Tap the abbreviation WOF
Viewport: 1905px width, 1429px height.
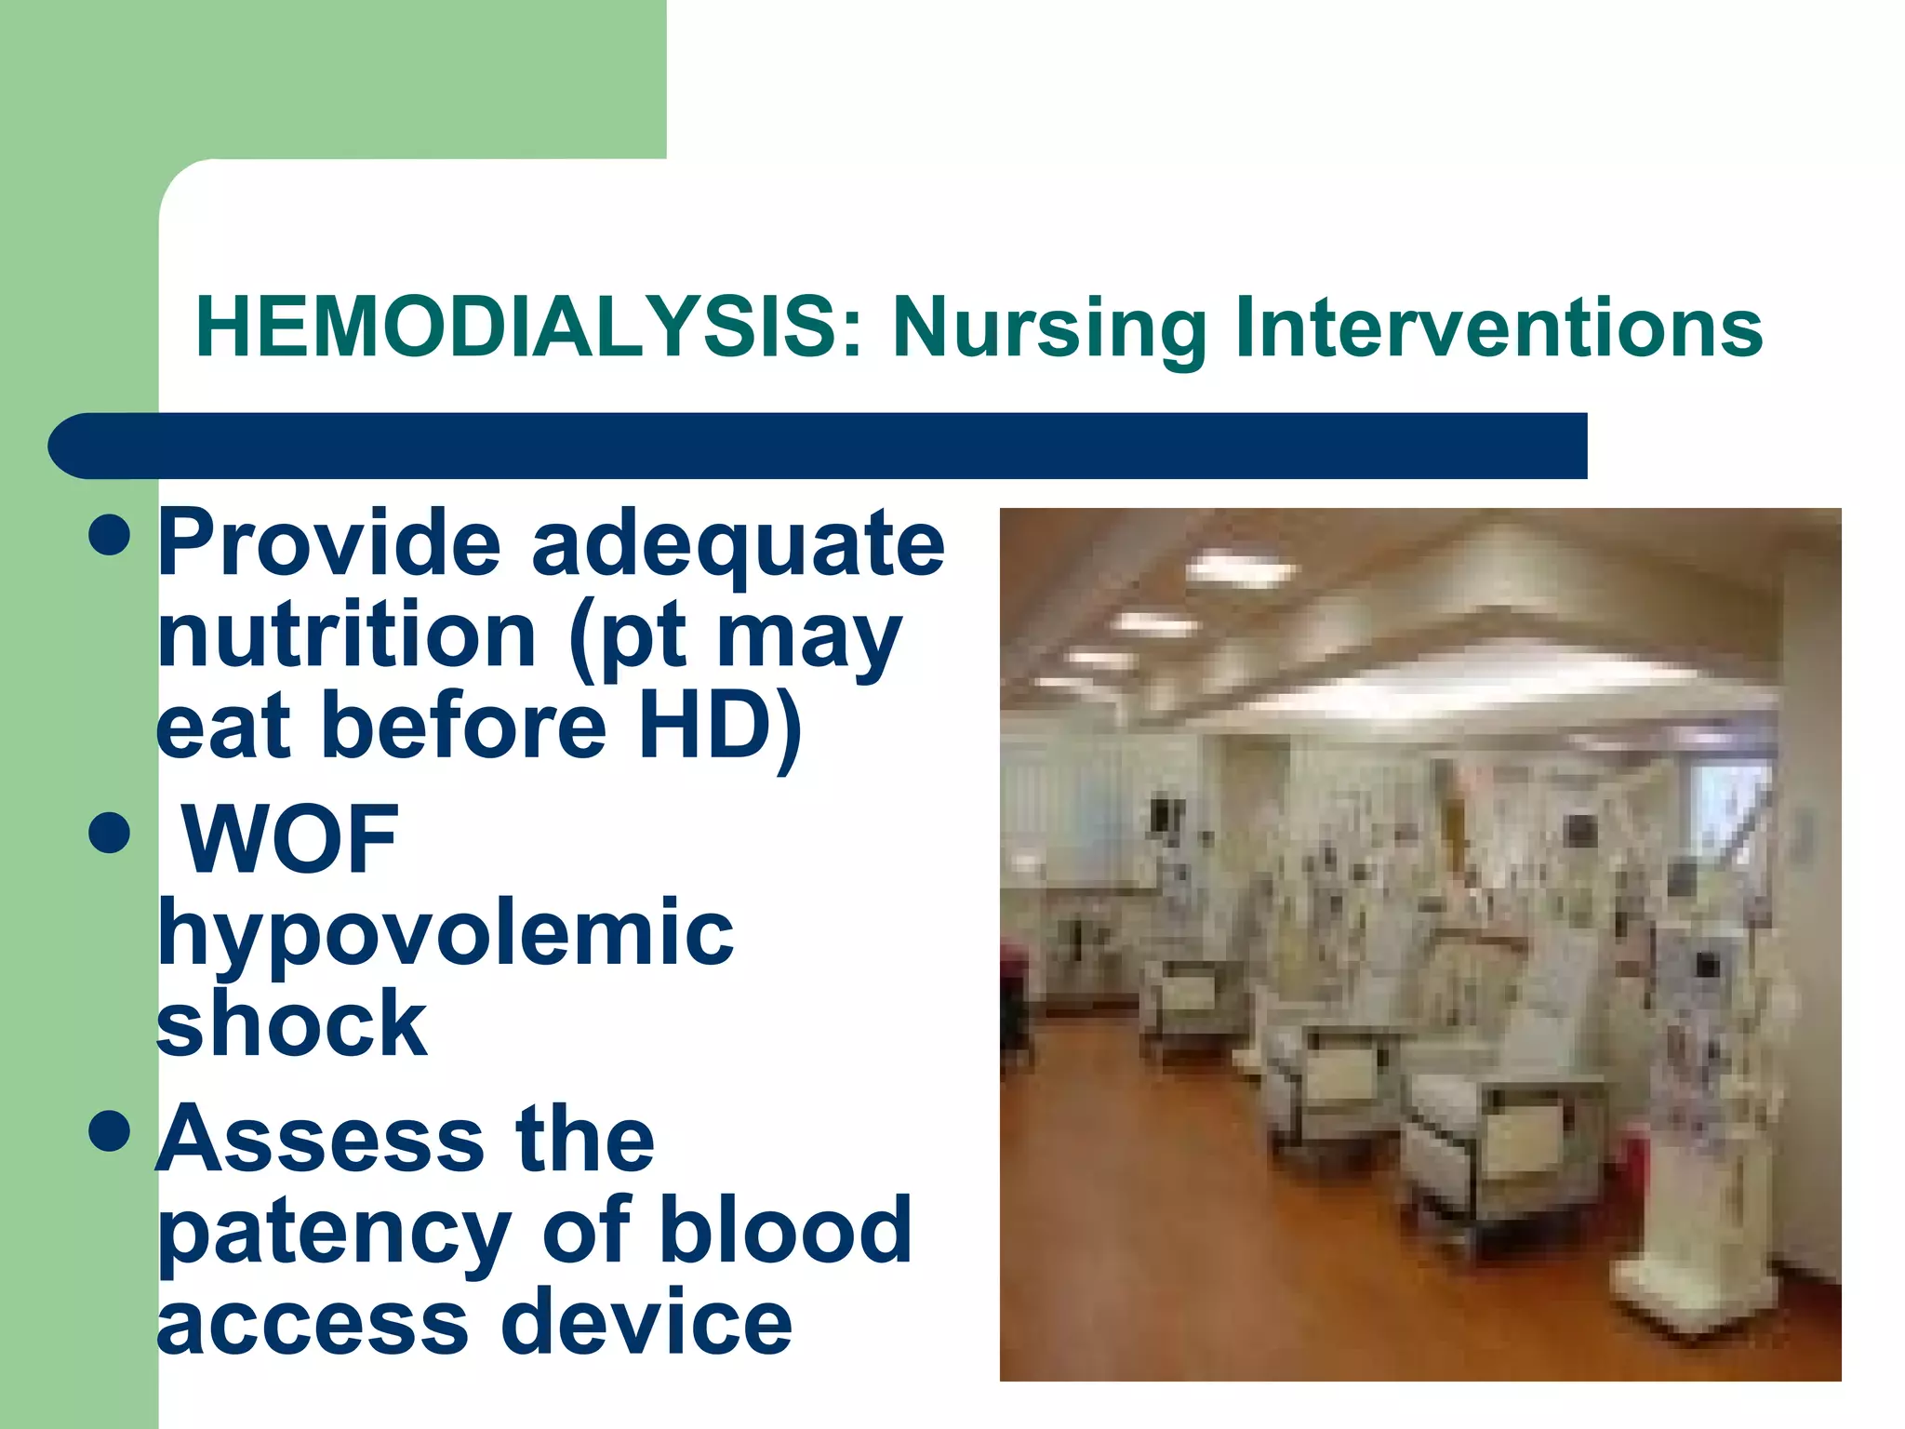click(x=290, y=839)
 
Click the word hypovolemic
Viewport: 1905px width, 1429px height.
click(x=445, y=934)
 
